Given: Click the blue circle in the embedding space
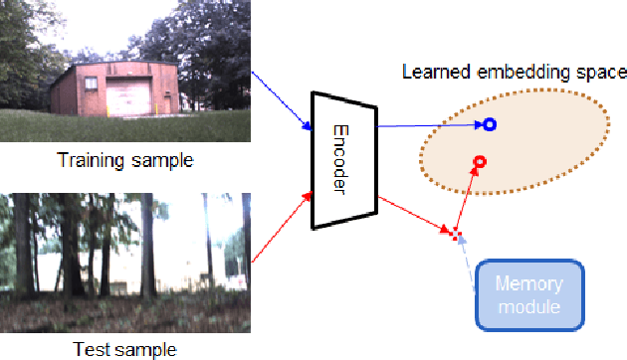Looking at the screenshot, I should point(489,124).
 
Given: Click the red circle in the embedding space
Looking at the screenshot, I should point(479,161).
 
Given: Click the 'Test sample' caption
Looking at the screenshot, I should point(124,349).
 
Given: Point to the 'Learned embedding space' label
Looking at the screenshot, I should point(514,72).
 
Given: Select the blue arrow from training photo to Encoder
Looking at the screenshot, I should point(282,100).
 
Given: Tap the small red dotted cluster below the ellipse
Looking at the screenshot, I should point(457,235).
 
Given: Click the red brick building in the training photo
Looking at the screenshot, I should point(118,90).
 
